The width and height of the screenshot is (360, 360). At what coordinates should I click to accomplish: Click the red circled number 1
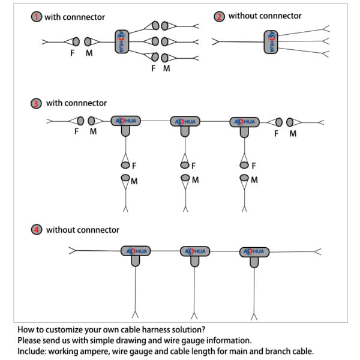(x=37, y=17)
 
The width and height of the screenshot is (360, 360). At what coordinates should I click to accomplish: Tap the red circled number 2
(x=219, y=16)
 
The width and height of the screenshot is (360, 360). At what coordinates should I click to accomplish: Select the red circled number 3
(x=37, y=103)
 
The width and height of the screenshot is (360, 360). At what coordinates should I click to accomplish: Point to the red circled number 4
(x=37, y=230)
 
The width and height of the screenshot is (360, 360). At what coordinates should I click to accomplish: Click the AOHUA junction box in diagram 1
(x=122, y=41)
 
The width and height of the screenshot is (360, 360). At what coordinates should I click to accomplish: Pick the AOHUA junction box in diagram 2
(x=271, y=41)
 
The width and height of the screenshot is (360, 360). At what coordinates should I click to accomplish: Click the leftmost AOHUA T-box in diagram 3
(x=126, y=123)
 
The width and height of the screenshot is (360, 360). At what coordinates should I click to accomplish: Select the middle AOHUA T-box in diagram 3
(x=185, y=123)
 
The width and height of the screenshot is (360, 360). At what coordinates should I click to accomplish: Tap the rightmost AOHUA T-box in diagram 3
(x=244, y=123)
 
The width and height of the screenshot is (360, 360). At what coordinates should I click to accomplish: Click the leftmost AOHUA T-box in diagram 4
(x=136, y=253)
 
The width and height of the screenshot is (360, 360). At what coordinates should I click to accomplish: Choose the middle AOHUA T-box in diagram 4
(x=195, y=253)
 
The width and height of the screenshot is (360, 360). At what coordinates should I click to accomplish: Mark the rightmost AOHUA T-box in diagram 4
(x=254, y=253)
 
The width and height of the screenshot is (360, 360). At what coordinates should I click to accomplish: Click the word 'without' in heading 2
(x=243, y=16)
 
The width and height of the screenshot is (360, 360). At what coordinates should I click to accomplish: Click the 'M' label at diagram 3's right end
(x=293, y=134)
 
